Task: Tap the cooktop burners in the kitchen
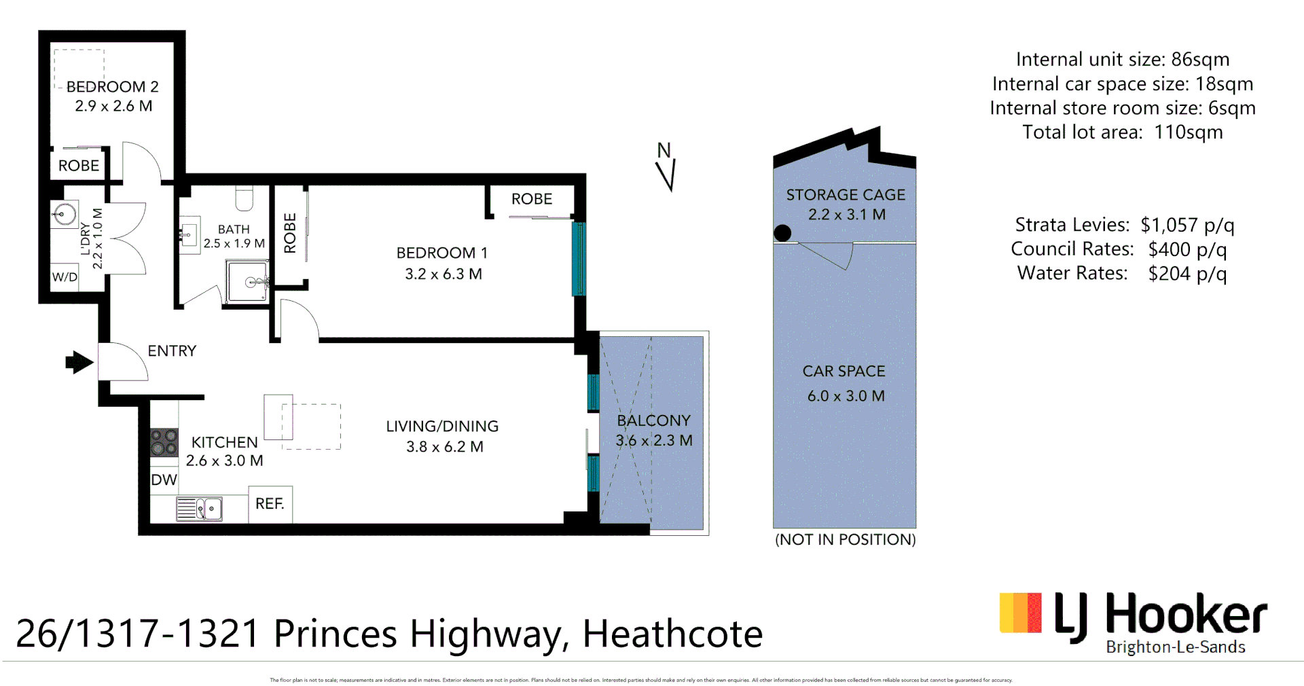pyautogui.click(x=164, y=442)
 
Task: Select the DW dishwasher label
pyautogui.click(x=164, y=480)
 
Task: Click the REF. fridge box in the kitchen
pyautogui.click(x=270, y=504)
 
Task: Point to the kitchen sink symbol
pyautogui.click(x=199, y=508)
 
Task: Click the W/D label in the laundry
pyautogui.click(x=65, y=277)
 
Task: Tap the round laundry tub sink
pyautogui.click(x=65, y=215)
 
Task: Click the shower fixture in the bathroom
pyautogui.click(x=248, y=281)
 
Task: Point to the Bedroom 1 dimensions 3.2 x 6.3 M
pyautogui.click(x=443, y=274)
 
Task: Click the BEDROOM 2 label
pyautogui.click(x=113, y=87)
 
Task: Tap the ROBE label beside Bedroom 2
pyautogui.click(x=79, y=166)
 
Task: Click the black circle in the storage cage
pyautogui.click(x=782, y=233)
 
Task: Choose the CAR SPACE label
pyautogui.click(x=844, y=372)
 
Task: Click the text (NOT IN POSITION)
pyautogui.click(x=845, y=540)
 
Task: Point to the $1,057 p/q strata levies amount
pyautogui.click(x=1187, y=225)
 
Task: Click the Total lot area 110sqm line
pyautogui.click(x=1122, y=132)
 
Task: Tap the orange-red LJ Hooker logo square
pyautogui.click(x=1020, y=613)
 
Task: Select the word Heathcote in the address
pyautogui.click(x=672, y=634)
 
